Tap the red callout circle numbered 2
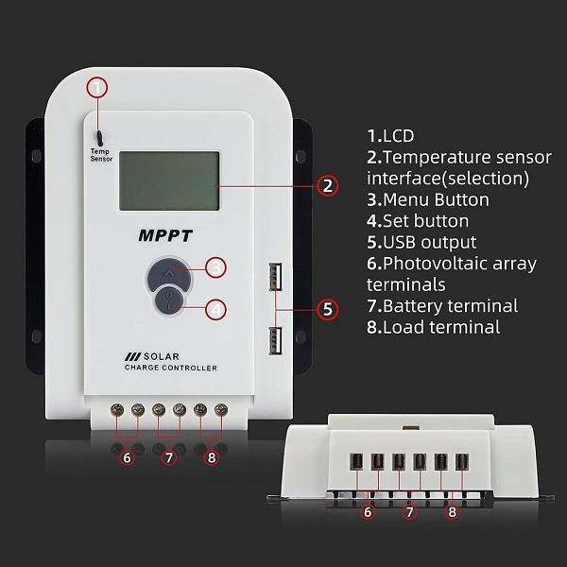(x=327, y=186)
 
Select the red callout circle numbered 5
(x=327, y=308)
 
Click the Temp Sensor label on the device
(x=101, y=155)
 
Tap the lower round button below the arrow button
(x=169, y=304)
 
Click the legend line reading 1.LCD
(x=390, y=135)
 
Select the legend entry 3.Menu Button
(x=428, y=199)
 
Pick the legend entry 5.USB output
(x=421, y=242)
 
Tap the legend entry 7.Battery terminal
(x=442, y=306)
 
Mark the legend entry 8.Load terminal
(x=433, y=327)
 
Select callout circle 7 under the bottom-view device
(x=409, y=512)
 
